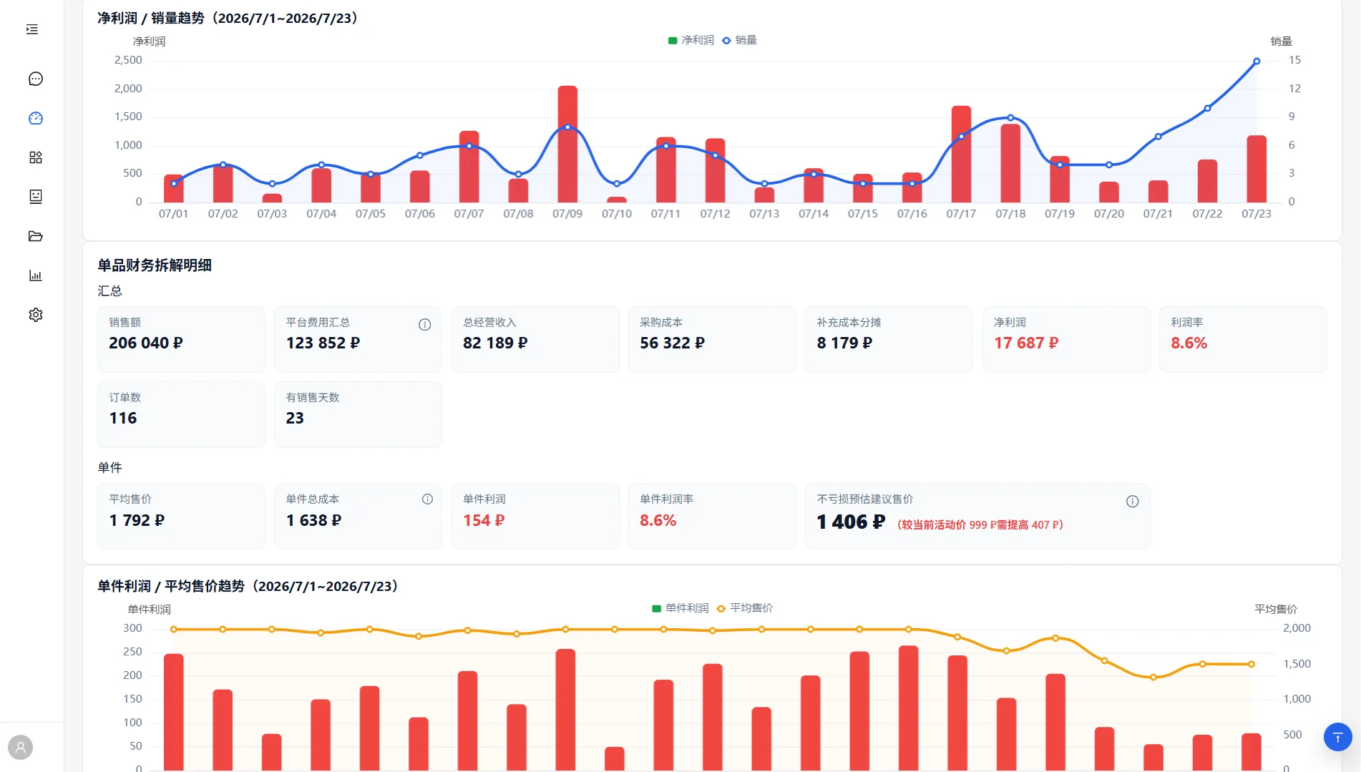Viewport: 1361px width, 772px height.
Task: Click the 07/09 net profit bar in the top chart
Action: tap(567, 144)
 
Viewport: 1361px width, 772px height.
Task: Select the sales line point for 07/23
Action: tap(1257, 62)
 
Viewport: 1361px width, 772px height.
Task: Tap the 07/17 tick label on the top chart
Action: tap(961, 214)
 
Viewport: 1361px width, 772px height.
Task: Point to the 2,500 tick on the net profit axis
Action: tap(128, 60)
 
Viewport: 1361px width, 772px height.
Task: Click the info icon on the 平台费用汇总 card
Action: tap(424, 325)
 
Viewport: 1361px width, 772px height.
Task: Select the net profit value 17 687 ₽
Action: tap(1026, 343)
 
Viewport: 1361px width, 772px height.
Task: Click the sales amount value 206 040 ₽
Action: tap(146, 343)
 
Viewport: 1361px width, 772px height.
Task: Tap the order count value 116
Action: tap(123, 419)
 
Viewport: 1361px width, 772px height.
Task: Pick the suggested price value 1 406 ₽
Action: tap(851, 522)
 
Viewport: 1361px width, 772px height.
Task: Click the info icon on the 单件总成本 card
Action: tap(427, 499)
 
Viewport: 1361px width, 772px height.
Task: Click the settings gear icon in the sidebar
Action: tap(36, 315)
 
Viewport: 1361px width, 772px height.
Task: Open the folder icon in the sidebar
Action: tap(36, 236)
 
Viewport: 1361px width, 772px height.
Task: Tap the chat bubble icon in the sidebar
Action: tap(36, 79)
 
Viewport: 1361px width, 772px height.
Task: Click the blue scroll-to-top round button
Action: tap(1337, 737)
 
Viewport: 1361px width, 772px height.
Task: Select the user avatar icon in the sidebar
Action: tap(21, 748)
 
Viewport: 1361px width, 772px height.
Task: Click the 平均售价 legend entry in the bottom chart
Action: tap(745, 608)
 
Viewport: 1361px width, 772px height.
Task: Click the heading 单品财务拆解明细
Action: tap(155, 265)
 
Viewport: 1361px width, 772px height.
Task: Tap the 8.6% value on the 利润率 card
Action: tap(1189, 343)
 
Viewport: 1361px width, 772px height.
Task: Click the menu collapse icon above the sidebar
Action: tap(32, 29)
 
